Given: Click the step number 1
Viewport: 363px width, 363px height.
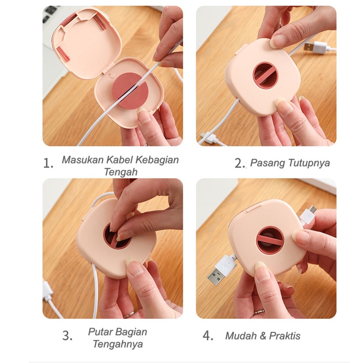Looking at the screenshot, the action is click(x=48, y=163).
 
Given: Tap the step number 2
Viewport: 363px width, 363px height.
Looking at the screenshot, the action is click(x=240, y=163).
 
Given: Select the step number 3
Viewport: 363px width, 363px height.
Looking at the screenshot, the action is click(x=67, y=335).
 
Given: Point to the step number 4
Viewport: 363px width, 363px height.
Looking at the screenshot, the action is click(x=208, y=335).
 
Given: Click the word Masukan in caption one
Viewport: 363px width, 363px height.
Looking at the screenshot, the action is click(x=82, y=160).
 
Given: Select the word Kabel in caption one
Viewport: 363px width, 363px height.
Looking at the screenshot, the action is click(x=119, y=160).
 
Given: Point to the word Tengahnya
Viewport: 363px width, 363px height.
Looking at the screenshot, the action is click(x=118, y=344).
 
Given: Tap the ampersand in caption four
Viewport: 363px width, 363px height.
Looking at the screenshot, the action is click(x=263, y=336).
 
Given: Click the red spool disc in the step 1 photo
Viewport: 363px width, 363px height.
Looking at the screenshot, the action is click(x=130, y=90).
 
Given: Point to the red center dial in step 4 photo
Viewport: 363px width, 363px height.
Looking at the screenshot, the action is click(x=270, y=240).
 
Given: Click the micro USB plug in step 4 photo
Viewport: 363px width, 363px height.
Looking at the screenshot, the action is click(x=308, y=215).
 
